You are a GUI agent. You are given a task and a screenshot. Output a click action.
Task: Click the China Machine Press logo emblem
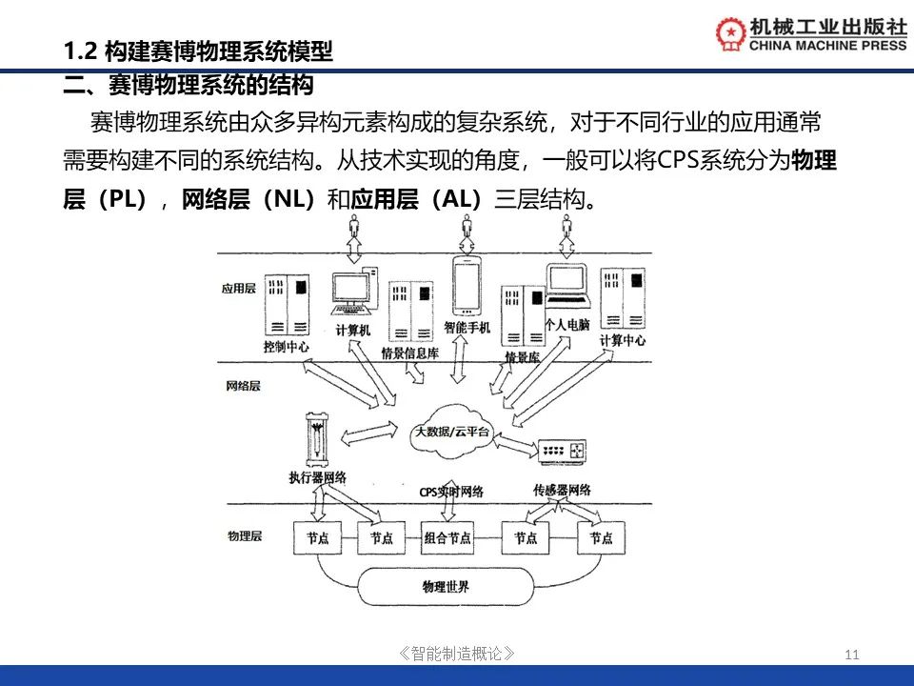(731, 33)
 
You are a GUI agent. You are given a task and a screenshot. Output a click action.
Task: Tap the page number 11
(851, 654)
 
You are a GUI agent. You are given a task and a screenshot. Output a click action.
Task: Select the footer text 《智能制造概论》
(458, 654)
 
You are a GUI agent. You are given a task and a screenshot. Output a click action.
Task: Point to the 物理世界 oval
(446, 585)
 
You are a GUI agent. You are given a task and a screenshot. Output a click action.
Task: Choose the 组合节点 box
(447, 538)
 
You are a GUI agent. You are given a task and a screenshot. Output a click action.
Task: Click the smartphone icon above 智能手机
(466, 284)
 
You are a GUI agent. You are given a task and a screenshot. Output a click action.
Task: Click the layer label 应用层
(239, 288)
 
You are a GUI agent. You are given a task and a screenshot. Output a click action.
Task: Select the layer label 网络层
(243, 387)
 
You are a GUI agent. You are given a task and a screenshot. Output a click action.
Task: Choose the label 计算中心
(623, 340)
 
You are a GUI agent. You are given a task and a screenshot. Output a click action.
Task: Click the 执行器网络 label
(317, 476)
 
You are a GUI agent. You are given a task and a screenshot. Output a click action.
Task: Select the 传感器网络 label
(563, 490)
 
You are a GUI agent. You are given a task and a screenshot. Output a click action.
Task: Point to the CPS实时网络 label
(451, 492)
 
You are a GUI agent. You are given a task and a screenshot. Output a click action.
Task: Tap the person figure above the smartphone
(466, 228)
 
